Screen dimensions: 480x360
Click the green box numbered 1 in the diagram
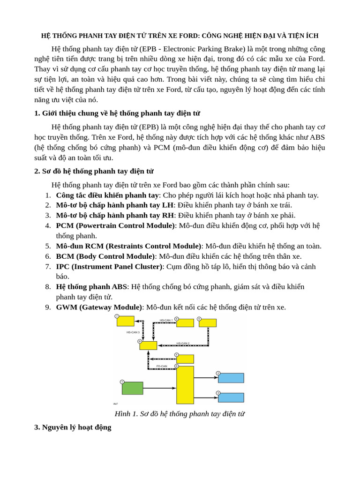pos(132,388)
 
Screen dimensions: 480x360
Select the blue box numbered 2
pos(231,378)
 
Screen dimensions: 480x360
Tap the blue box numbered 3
pos(231,397)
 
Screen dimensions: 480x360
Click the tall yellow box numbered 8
pos(185,385)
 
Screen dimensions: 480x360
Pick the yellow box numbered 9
pos(148,345)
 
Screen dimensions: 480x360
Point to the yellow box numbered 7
pos(125,321)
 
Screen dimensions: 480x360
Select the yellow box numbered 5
pos(207,323)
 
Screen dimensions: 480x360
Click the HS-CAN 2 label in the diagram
pos(183,343)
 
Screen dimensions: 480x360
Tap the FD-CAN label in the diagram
pos(162,366)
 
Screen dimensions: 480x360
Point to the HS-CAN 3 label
pos(133,332)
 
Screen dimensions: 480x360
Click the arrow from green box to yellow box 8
pos(159,388)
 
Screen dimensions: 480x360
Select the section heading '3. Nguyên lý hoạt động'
pos(73,427)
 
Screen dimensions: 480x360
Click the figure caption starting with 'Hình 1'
pos(180,413)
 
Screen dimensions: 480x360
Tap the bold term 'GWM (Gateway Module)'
pos(99,307)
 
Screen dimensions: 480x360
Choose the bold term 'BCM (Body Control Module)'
pos(105,256)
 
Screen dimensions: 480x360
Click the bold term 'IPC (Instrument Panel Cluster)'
pos(109,266)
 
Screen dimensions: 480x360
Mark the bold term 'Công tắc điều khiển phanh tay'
pos(107,195)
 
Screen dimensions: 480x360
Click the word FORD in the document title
pos(188,36)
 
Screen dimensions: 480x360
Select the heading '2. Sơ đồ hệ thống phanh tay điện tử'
pos(94,171)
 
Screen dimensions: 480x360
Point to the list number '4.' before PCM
pos(48,225)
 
